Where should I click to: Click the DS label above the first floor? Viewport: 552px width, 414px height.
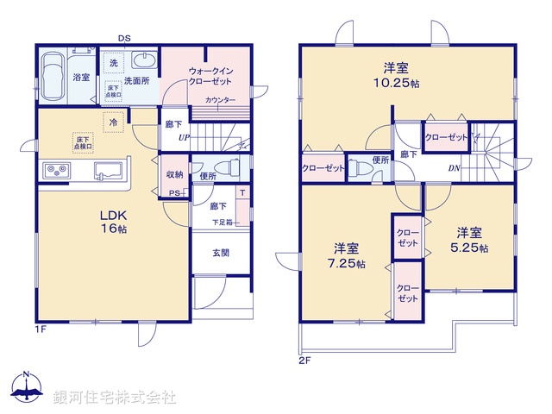click(x=126, y=38)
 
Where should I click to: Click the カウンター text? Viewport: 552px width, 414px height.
click(x=220, y=101)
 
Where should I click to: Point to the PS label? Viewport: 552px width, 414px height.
click(x=174, y=193)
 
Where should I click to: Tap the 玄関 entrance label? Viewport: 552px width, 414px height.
click(x=221, y=253)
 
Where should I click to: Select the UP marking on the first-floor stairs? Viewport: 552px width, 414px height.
click(x=184, y=138)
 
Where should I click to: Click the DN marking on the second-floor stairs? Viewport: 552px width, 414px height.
click(x=453, y=168)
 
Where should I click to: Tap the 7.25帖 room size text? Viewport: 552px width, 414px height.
click(x=346, y=263)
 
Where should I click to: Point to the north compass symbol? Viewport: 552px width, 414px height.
click(x=26, y=388)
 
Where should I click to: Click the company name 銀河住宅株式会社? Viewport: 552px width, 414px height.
click(x=115, y=398)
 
